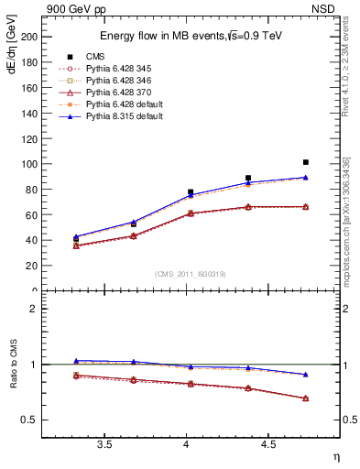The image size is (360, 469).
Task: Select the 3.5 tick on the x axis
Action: click(x=104, y=444)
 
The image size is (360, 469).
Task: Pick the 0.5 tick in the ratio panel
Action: click(x=32, y=420)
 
